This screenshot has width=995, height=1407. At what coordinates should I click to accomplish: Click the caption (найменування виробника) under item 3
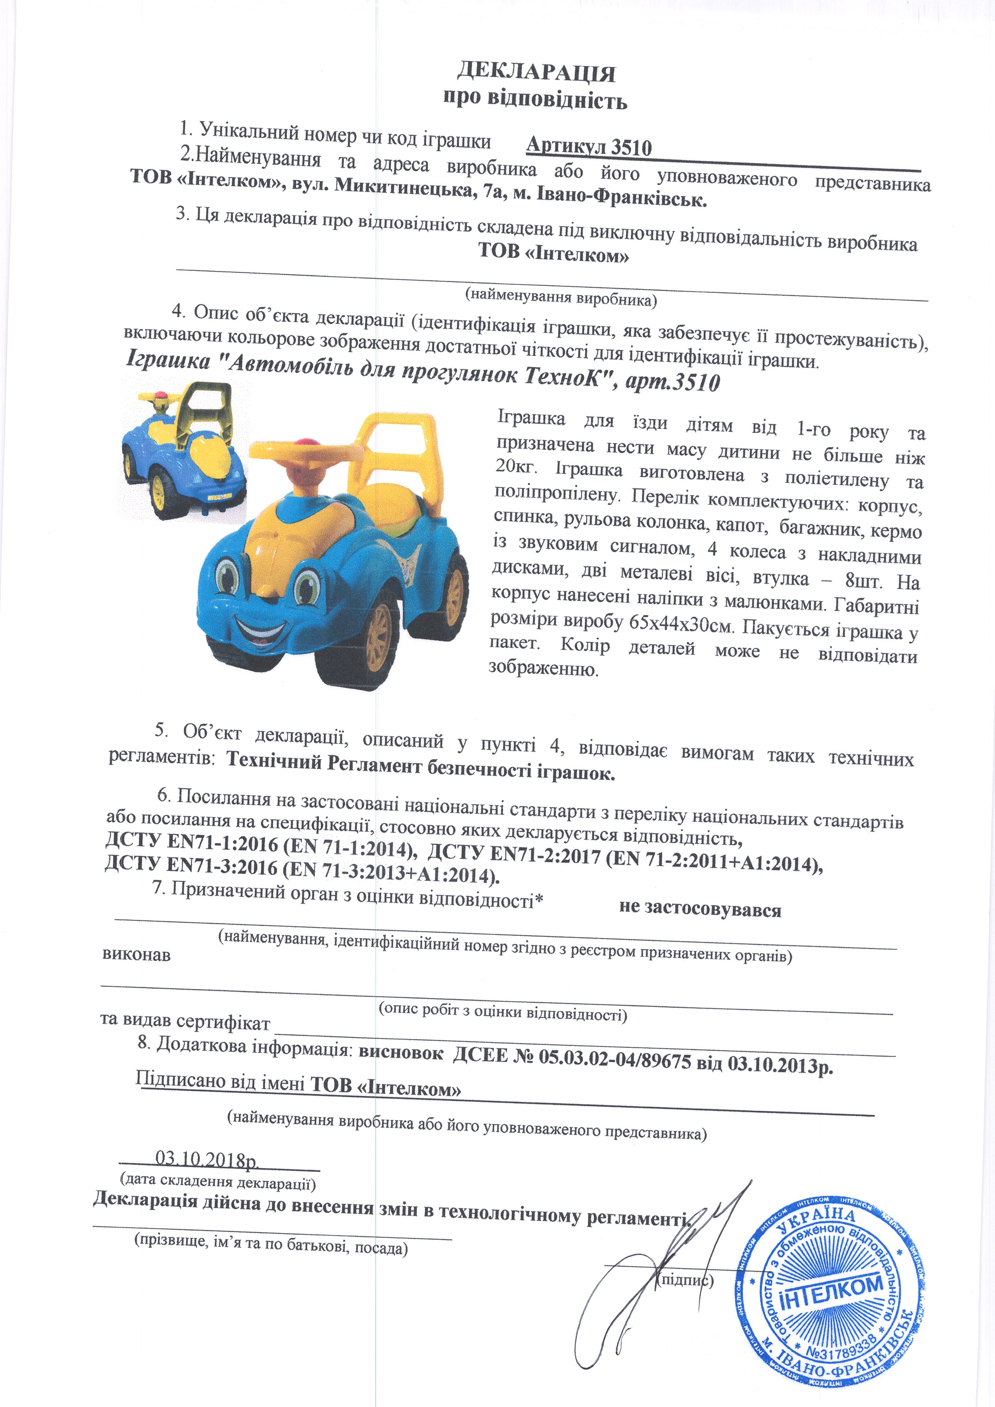[560, 297]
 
